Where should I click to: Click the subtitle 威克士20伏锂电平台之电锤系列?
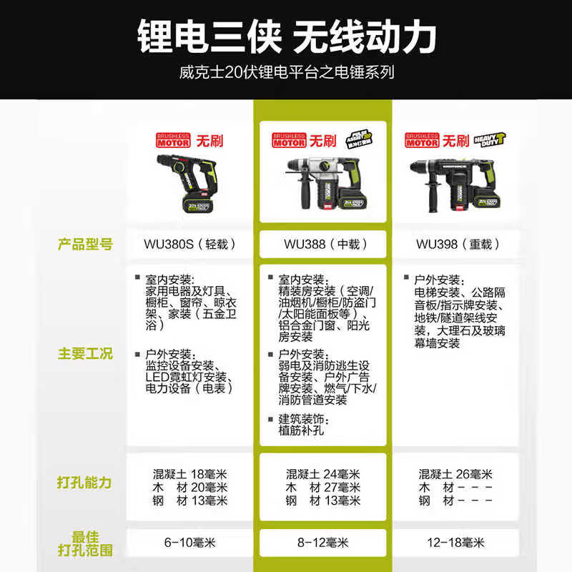pos(286,72)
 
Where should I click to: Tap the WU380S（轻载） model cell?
pos(189,244)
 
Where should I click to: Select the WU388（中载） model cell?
pos(323,244)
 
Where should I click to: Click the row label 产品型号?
pos(84,244)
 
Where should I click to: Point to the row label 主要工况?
pos(84,354)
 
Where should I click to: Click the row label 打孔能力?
pos(84,482)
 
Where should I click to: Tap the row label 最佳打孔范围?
pos(84,544)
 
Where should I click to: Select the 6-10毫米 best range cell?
pos(189,543)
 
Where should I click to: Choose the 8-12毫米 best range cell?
pos(323,543)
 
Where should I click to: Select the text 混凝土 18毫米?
pos(189,474)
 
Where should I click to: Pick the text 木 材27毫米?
pos(323,488)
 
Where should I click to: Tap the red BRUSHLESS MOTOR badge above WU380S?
pos(171,139)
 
